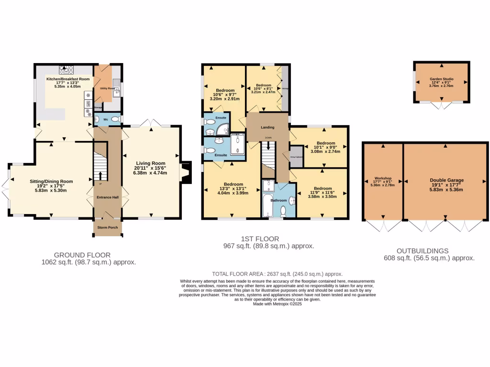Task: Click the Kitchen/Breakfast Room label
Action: pos(67,79)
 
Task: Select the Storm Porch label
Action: pos(108,227)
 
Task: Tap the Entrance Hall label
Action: pos(108,197)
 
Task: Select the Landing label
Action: pos(267,128)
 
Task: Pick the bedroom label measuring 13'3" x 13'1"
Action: pos(234,184)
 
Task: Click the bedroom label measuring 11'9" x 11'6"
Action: pos(323,188)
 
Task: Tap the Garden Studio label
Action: pos(441,79)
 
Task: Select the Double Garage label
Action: pos(446,180)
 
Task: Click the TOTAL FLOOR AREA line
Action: pos(278,274)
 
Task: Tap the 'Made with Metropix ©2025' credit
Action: pos(278,304)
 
